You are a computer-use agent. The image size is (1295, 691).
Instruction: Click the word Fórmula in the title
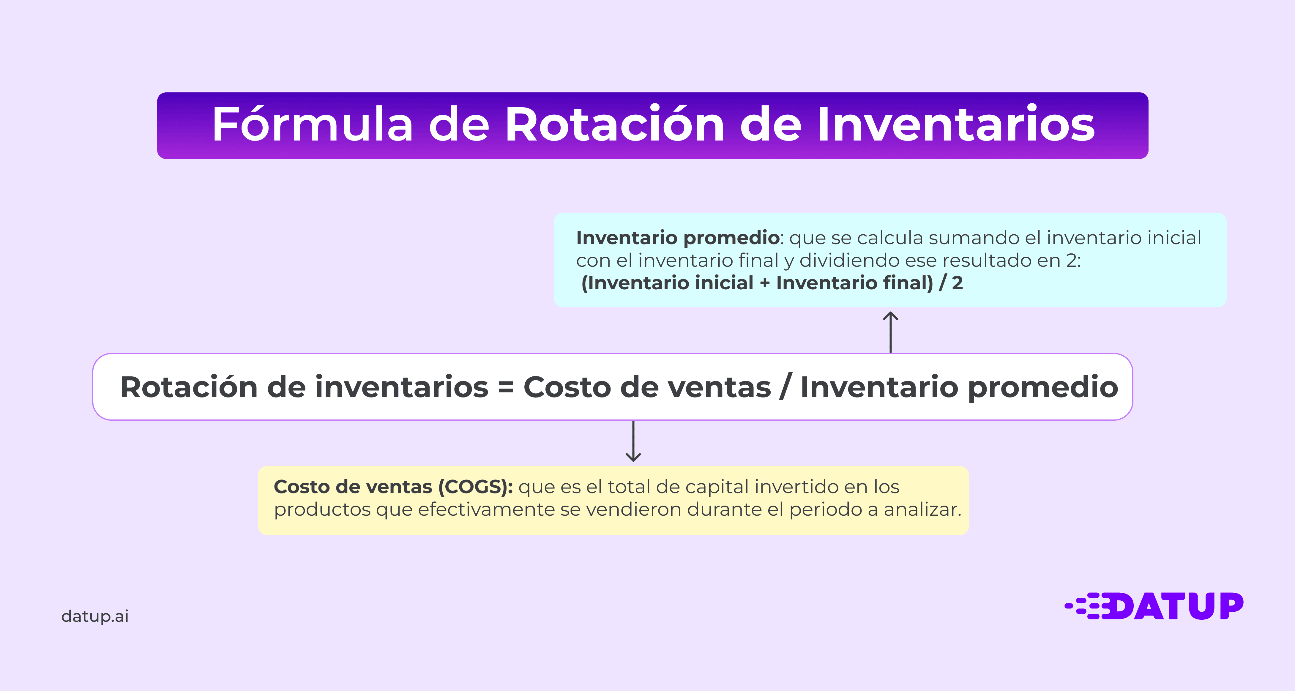[x=312, y=125]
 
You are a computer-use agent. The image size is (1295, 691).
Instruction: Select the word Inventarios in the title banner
[x=955, y=125]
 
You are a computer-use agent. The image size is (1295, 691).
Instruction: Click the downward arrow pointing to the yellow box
[x=633, y=441]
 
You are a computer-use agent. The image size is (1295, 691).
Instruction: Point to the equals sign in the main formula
[x=506, y=387]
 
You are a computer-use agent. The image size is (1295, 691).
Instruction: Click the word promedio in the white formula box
[x=1043, y=387]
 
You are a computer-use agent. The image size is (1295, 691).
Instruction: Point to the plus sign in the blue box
[x=765, y=283]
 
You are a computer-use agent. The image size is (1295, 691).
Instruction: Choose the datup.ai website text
[x=95, y=616]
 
